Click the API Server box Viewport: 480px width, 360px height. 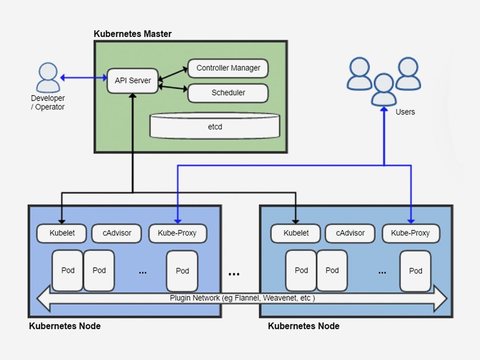pos(132,81)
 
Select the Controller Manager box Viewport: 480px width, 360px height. pos(228,68)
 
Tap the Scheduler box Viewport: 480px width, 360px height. pos(228,93)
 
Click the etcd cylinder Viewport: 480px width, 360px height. pos(215,126)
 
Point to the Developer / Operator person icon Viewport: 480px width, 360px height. pos(48,78)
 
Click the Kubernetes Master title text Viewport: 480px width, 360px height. pos(132,34)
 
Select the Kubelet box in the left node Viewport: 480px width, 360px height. pos(61,233)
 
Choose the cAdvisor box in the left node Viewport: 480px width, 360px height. pos(117,233)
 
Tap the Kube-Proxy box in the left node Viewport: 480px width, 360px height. pos(178,233)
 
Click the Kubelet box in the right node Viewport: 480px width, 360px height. pos(295,233)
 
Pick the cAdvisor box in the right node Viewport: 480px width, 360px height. pos(350,233)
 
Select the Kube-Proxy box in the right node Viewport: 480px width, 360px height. pos(411,233)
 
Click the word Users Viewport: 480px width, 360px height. pos(405,112)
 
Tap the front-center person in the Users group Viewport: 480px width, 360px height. pos(384,90)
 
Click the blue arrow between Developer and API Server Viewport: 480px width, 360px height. pos(84,78)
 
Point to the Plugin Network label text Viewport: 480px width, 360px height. pos(242,298)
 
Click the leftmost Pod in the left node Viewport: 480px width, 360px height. pos(67,271)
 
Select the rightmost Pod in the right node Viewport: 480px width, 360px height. pos(415,271)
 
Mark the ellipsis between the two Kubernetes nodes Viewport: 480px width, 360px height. pos(234,274)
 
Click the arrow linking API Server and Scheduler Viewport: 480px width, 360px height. pos(173,88)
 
